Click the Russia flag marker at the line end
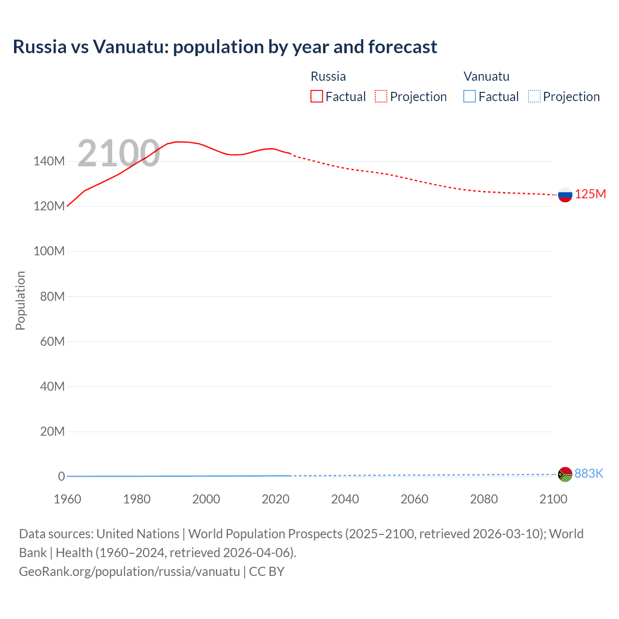pyautogui.click(x=565, y=195)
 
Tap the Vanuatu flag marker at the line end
pyautogui.click(x=565, y=474)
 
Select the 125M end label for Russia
pyautogui.click(x=590, y=194)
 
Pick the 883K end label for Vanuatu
pyautogui.click(x=589, y=473)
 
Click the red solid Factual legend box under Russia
pyautogui.click(x=317, y=96)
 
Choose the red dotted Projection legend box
pyautogui.click(x=381, y=96)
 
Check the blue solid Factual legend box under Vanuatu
pyautogui.click(x=470, y=96)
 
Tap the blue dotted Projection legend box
pyautogui.click(x=534, y=96)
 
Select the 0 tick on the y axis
pyautogui.click(x=61, y=476)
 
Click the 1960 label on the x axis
pyautogui.click(x=67, y=499)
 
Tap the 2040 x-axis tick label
pyautogui.click(x=345, y=499)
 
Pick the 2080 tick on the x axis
pyautogui.click(x=484, y=499)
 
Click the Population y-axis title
pyautogui.click(x=20, y=300)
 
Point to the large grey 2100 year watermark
pyautogui.click(x=118, y=153)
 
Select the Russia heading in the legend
pyautogui.click(x=328, y=76)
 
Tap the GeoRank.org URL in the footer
pyautogui.click(x=129, y=571)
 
